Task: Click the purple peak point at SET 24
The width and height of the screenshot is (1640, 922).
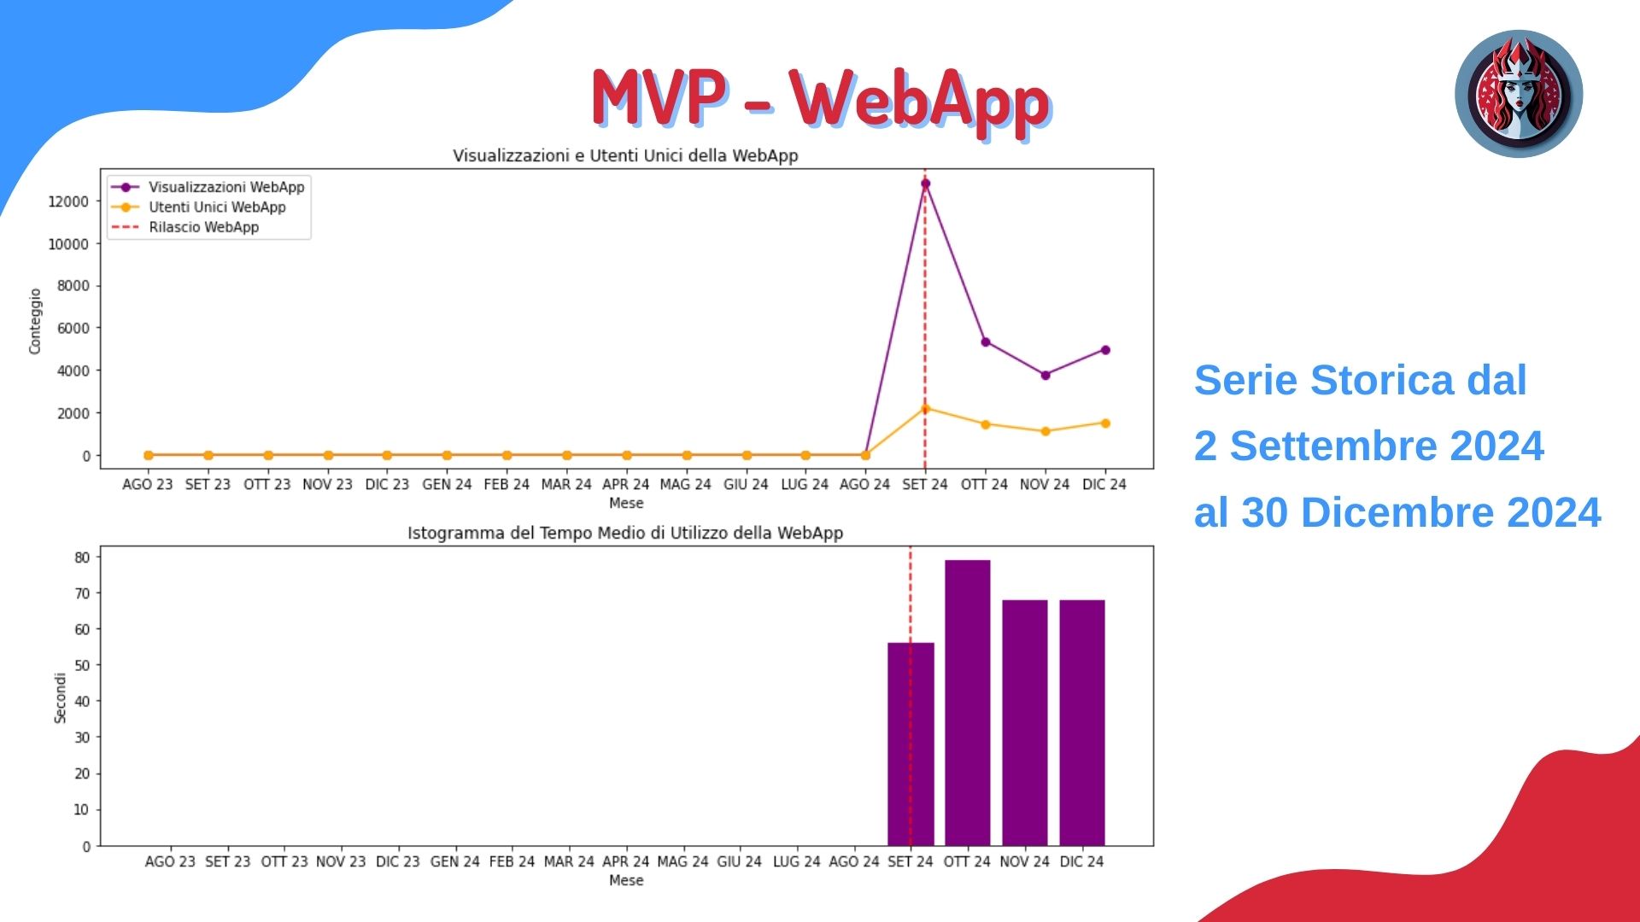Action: click(x=925, y=184)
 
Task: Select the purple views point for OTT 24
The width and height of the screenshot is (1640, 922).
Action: click(x=986, y=342)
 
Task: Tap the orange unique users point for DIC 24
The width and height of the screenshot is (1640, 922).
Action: click(x=1105, y=423)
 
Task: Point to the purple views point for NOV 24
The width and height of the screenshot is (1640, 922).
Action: click(x=1045, y=375)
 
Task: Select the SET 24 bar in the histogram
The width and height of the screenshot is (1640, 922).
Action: click(x=911, y=744)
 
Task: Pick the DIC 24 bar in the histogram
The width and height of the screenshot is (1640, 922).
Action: click(x=1082, y=722)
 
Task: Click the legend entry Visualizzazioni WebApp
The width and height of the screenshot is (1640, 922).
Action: click(x=226, y=187)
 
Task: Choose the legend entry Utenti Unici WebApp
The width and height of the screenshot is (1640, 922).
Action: click(x=217, y=207)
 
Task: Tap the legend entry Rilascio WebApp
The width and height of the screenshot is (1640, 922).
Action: click(x=203, y=227)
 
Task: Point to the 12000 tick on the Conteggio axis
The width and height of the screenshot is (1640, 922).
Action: click(x=68, y=201)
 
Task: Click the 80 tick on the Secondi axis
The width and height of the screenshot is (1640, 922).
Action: click(x=82, y=557)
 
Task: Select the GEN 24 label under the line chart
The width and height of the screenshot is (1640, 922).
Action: click(x=447, y=485)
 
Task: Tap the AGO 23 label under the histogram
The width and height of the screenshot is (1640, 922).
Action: click(x=170, y=862)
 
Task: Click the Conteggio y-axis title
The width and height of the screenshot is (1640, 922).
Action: click(x=35, y=321)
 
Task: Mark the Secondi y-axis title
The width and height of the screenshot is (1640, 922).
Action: click(x=60, y=698)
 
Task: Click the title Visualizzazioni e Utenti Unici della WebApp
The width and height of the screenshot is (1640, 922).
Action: click(x=625, y=155)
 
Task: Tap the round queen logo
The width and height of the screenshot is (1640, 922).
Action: click(x=1519, y=94)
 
